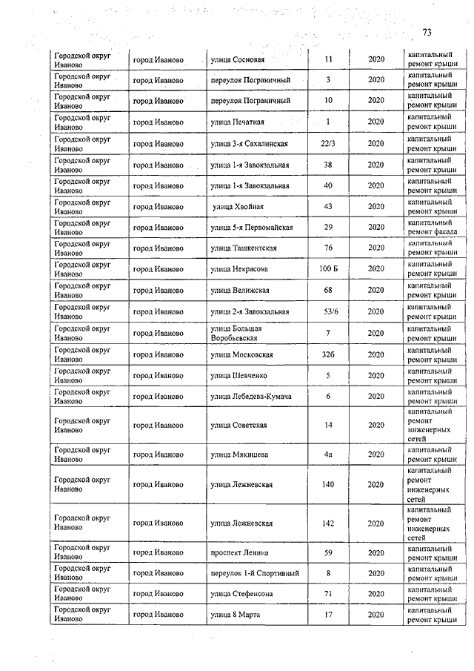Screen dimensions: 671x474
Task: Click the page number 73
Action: [427, 32]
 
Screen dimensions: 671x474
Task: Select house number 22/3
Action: [328, 143]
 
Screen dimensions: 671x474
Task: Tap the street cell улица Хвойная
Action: [238, 206]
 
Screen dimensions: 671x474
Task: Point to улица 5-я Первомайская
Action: [252, 227]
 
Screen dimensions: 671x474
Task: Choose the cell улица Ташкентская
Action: [244, 248]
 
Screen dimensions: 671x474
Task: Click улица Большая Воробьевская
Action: [238, 332]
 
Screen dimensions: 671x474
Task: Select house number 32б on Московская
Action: [328, 354]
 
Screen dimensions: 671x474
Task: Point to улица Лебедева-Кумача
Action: [250, 397]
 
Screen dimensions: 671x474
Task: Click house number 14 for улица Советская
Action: [328, 425]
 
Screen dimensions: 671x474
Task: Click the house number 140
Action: [328, 484]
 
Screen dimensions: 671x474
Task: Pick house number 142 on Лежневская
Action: [328, 523]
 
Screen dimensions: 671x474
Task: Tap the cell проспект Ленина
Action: [239, 552]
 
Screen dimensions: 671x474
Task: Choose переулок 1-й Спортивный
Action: [254, 573]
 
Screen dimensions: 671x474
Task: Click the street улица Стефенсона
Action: [241, 594]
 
